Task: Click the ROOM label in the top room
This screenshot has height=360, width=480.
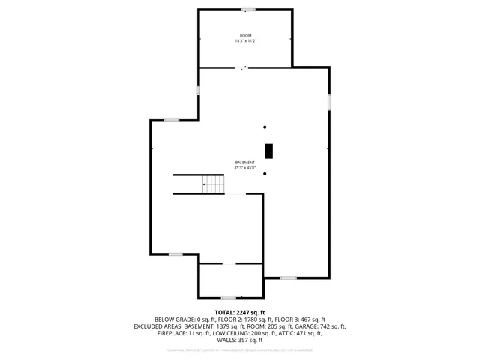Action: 245,36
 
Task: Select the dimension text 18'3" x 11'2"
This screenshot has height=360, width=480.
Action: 245,41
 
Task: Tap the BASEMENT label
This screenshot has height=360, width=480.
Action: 245,163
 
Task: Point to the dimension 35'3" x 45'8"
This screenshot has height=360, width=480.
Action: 245,168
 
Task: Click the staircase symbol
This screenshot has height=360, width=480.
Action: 213,184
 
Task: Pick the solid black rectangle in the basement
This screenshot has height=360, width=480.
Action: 268,150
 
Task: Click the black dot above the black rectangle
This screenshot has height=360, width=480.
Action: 265,127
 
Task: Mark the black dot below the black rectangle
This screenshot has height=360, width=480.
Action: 265,173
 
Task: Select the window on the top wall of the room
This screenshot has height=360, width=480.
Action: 247,10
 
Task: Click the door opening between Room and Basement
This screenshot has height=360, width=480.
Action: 243,67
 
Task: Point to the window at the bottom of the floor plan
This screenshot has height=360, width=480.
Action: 229,298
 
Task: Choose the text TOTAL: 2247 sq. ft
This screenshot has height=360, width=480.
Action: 240,312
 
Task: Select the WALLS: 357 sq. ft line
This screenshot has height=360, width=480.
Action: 240,340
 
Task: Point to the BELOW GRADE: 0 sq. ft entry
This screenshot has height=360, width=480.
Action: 182,319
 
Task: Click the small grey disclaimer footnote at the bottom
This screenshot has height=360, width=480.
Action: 240,349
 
